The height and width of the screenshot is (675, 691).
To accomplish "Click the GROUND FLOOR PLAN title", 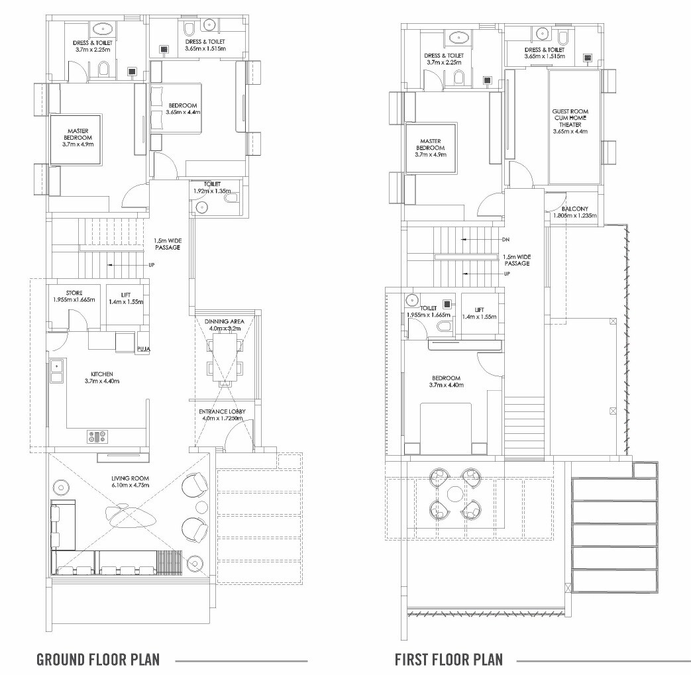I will pos(97,660).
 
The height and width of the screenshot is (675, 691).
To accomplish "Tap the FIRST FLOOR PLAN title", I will pos(449,660).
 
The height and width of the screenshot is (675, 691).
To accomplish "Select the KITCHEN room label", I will pos(99,374).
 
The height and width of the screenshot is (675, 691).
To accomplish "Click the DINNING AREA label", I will pos(225,321).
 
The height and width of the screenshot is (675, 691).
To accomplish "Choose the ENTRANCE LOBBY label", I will pos(223,412).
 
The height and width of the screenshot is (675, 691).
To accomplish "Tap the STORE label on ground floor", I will pos(74,292).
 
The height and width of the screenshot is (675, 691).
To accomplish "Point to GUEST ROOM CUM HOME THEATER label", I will pos(570,118).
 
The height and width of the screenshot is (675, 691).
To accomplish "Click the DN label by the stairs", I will pos(505,239).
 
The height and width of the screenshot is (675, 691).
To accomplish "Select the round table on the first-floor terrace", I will pos(455,494).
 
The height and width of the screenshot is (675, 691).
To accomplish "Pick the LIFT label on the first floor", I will pos(480,309).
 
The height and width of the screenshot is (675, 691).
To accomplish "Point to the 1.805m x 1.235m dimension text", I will pos(575,216).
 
